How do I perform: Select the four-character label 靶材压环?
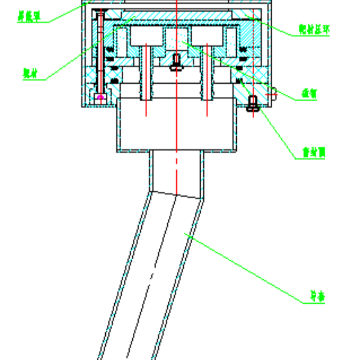[314, 30]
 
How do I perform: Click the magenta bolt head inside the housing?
[100, 97]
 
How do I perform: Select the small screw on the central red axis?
[176, 62]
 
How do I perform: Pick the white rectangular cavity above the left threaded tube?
[147, 36]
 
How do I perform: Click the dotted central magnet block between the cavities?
[177, 39]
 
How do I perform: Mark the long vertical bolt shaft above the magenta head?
[100, 49]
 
